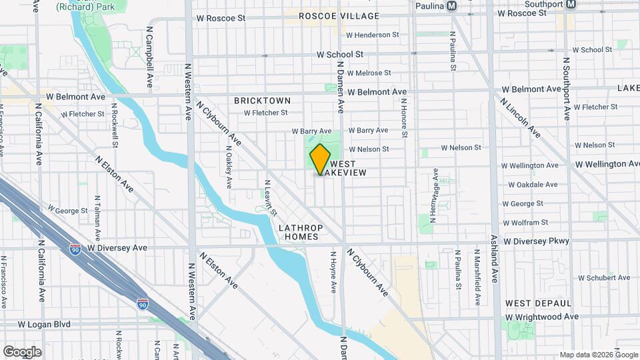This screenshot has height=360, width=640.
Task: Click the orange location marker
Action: (320, 159)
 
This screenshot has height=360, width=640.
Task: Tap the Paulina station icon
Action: (451, 5)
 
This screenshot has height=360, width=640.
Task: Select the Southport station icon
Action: (571, 4)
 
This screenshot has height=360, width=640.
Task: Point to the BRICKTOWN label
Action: (262, 101)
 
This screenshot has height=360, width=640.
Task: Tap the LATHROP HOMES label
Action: (300, 232)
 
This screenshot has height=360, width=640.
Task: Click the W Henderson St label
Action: (372, 35)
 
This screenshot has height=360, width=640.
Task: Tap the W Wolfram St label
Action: (525, 222)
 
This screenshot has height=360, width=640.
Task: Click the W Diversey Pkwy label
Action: (537, 241)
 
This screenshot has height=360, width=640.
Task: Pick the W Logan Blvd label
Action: (44, 324)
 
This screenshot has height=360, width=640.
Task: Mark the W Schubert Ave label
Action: (604, 277)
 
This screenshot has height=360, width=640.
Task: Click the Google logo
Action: (22, 351)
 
